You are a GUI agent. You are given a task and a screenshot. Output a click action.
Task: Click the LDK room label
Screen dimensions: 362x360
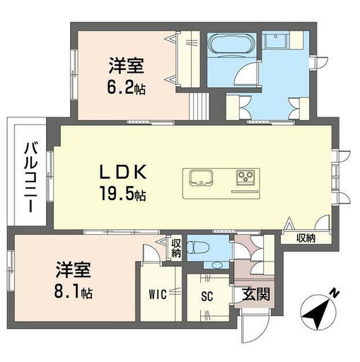[127, 172]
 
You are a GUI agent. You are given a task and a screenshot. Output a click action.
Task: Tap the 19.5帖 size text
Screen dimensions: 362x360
[127, 193]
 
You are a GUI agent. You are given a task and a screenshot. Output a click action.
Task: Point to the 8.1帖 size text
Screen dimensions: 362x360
[76, 290]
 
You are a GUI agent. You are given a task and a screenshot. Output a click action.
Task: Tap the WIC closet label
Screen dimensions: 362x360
[158, 294]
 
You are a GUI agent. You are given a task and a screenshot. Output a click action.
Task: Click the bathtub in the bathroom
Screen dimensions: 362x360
[231, 45]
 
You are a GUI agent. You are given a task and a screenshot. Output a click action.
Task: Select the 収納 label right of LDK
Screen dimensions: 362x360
[306, 238]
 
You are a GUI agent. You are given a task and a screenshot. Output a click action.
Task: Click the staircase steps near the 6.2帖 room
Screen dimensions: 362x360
[198, 106]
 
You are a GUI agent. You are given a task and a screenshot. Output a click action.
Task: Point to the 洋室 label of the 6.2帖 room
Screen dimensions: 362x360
[127, 66]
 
